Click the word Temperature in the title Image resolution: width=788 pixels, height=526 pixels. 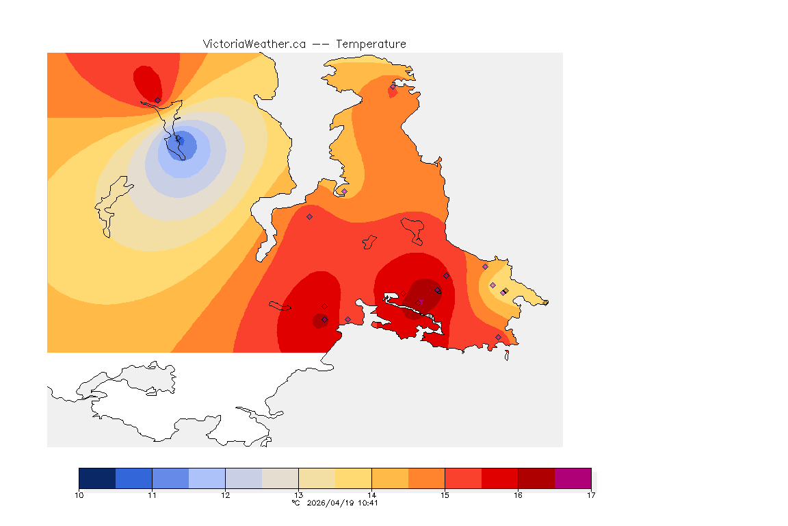pyautogui.click(x=371, y=44)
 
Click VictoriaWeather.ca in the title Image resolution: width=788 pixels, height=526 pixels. pyautogui.click(x=254, y=44)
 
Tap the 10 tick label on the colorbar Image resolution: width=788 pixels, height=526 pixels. pyautogui.click(x=79, y=494)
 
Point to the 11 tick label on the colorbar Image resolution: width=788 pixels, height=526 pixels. pyautogui.click(x=152, y=494)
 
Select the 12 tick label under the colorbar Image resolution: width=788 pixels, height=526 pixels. pyautogui.click(x=225, y=494)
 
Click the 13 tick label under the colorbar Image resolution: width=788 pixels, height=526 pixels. pyautogui.click(x=298, y=494)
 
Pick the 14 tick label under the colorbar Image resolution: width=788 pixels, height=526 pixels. pyautogui.click(x=371, y=494)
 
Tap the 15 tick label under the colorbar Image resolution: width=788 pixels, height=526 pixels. pyautogui.click(x=445, y=494)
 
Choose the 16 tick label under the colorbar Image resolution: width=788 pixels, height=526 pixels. pyautogui.click(x=518, y=494)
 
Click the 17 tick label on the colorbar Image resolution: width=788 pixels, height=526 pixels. pyautogui.click(x=590, y=494)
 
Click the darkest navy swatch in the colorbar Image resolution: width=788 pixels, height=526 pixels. pyautogui.click(x=97, y=478)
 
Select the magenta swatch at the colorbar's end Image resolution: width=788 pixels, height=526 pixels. pyautogui.click(x=573, y=478)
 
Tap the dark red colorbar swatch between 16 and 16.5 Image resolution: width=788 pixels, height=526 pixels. pyautogui.click(x=536, y=478)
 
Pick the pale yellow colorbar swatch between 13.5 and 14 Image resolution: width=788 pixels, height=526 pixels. pyautogui.click(x=353, y=478)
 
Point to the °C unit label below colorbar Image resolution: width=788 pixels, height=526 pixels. pyautogui.click(x=295, y=503)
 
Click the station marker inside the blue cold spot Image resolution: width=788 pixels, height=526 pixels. pyautogui.click(x=180, y=140)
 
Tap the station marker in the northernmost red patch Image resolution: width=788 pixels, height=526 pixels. pyautogui.click(x=157, y=100)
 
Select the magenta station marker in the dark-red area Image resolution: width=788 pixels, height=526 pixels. pyautogui.click(x=420, y=302)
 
